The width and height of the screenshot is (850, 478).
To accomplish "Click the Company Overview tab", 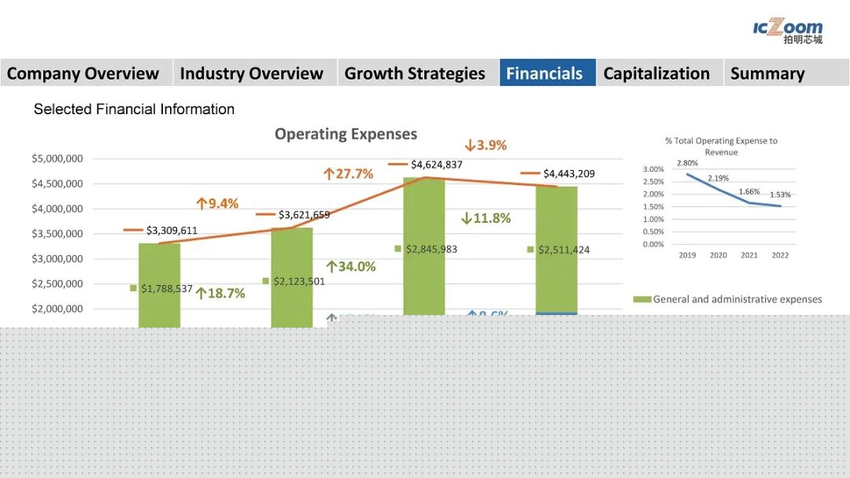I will (x=83, y=73).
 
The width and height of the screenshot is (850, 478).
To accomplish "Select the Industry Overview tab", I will (x=251, y=73).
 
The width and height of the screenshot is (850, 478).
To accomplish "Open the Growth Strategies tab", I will (x=415, y=73).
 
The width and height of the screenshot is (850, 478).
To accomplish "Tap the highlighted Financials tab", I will (x=545, y=73).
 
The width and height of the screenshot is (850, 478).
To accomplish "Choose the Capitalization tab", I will (x=656, y=73).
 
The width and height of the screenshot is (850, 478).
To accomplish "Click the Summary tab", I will (x=767, y=73).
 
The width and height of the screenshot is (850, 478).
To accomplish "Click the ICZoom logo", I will (x=788, y=31).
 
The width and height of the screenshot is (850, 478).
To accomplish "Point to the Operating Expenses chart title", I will (x=346, y=134).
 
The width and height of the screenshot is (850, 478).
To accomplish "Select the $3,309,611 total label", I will (x=172, y=231).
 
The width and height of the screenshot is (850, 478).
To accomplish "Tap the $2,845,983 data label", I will (x=431, y=249).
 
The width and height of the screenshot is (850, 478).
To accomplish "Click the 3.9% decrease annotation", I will (x=486, y=145).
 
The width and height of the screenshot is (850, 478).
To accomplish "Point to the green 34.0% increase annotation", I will (x=351, y=267).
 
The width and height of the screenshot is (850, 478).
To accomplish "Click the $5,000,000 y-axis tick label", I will (x=57, y=158).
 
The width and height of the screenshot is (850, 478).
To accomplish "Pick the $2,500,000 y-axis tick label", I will (x=57, y=283).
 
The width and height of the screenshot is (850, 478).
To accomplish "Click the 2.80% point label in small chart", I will (x=687, y=163).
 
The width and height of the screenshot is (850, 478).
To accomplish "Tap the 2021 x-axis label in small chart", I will (x=749, y=255).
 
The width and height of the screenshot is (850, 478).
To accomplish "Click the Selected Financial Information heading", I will (x=134, y=109).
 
